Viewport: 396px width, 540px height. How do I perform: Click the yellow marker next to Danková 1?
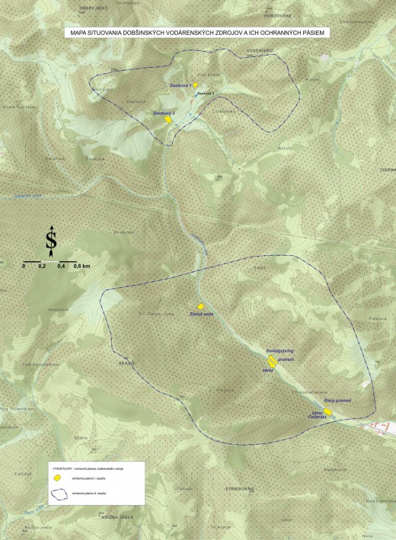(x=196, y=85)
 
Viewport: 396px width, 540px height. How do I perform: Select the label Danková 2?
(x=206, y=93)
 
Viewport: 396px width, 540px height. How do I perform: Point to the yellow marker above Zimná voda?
(x=201, y=306)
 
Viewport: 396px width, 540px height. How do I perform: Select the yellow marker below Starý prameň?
(x=327, y=411)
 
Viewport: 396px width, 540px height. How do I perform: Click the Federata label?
(x=317, y=417)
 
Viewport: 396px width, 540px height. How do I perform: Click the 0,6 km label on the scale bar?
(x=81, y=267)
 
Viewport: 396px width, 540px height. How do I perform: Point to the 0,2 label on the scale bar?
(x=42, y=267)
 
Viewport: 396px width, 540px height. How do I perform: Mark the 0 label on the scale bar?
(x=24, y=267)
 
